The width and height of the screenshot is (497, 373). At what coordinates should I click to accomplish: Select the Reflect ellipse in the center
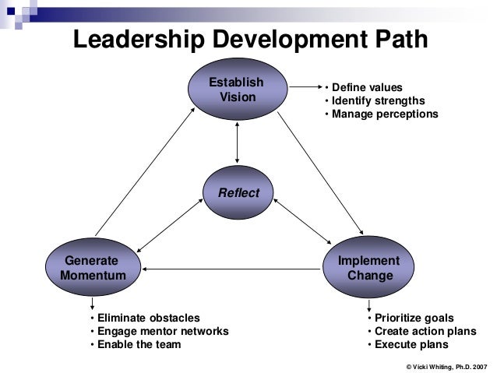pyautogui.click(x=238, y=192)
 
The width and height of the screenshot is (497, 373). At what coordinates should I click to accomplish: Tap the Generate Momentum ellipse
pyautogui.click(x=93, y=269)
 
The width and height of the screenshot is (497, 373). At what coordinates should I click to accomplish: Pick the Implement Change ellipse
pyautogui.click(x=369, y=269)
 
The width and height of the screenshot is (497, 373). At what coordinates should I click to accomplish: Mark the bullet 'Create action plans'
pyautogui.click(x=421, y=331)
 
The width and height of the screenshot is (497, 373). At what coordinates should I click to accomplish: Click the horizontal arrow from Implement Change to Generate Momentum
pyautogui.click(x=233, y=269)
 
